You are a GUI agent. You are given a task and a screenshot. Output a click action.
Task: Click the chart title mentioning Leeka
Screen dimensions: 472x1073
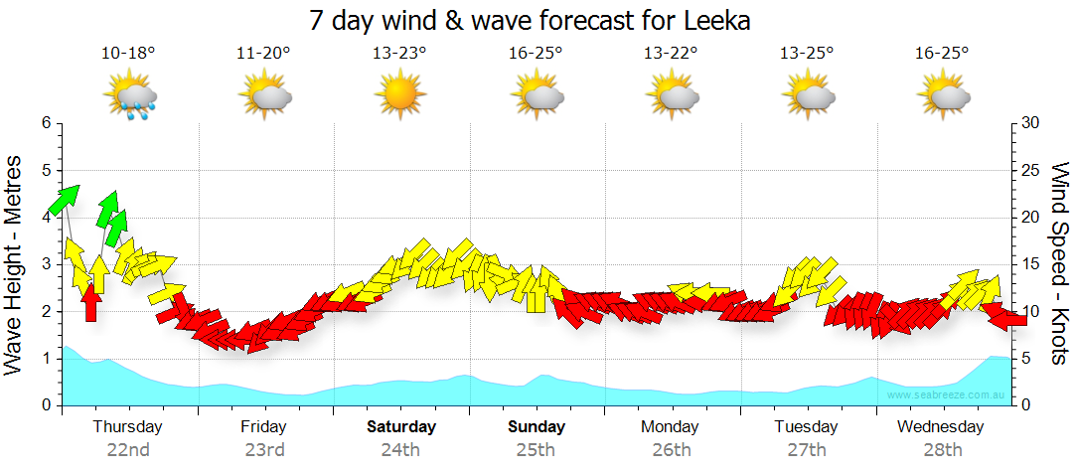pos(530,20)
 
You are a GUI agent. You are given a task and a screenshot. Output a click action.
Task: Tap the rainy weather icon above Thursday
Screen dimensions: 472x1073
pos(131,98)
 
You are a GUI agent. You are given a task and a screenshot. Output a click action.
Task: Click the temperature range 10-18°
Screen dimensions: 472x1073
pos(128,54)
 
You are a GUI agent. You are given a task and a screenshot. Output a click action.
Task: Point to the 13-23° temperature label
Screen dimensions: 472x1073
pos(399,54)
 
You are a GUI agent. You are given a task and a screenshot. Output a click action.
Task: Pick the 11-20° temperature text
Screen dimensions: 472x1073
pos(263,54)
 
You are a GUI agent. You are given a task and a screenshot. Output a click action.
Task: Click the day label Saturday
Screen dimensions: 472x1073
pos(401,427)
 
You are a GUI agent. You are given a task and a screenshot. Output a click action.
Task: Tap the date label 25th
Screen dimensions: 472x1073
pos(536,449)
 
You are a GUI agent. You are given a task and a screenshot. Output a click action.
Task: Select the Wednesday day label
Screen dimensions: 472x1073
pos(940,427)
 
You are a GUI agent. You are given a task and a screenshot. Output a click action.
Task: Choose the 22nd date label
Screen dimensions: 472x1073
pos(128,449)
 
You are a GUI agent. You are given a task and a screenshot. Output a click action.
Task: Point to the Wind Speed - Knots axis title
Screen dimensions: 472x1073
pos(1058,264)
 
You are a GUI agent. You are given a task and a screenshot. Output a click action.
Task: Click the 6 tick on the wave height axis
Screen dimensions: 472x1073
pos(46,123)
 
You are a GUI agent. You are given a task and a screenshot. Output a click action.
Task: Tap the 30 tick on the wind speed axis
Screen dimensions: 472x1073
pos(1030,123)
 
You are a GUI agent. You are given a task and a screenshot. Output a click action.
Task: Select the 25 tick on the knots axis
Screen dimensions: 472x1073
pos(1030,171)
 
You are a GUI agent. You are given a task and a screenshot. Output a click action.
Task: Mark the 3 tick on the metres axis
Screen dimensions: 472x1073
pos(46,264)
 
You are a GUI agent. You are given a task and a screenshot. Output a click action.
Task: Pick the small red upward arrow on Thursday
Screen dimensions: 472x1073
pos(91,301)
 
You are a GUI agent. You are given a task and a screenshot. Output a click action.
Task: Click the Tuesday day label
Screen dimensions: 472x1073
pos(806,427)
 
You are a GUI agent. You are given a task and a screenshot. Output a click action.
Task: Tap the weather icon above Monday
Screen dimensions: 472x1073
pos(672,96)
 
